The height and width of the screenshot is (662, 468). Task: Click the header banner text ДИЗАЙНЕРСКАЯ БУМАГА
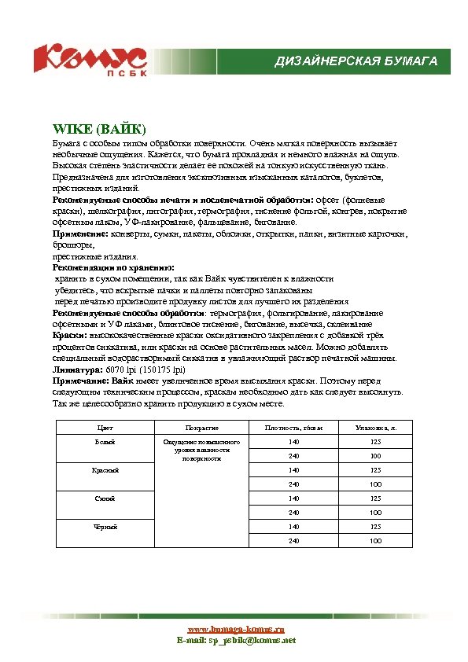(356, 61)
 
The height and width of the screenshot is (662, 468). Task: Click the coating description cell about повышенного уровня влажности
(201, 450)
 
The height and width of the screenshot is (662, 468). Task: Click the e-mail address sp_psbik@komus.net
(252, 641)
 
